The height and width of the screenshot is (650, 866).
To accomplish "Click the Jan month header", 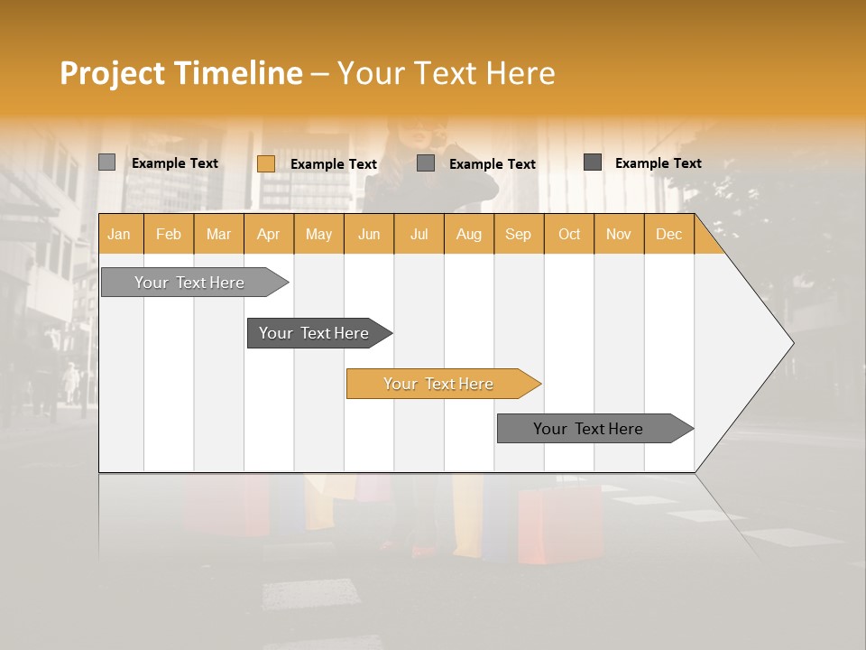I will [119, 234].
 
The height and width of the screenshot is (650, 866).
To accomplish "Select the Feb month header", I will [169, 234].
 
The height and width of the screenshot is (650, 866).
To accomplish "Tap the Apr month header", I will [269, 234].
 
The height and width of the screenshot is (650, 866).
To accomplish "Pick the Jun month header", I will [369, 234].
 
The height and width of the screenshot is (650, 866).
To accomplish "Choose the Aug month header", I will [469, 234].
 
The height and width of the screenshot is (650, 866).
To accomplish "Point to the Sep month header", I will [519, 234].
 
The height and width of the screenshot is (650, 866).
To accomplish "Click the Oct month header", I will [569, 234].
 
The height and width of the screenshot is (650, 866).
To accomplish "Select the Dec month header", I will [669, 234].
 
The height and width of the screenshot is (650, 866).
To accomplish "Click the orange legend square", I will [266, 163].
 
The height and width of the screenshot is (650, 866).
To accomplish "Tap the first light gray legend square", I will [106, 162].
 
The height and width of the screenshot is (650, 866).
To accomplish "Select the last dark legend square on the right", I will [593, 162].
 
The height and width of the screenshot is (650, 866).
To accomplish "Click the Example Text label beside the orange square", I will [334, 164].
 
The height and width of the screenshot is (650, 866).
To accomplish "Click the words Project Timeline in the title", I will [181, 73].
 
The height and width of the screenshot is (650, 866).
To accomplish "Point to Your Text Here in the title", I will [446, 73].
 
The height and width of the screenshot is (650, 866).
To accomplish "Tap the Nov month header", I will [619, 234].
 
